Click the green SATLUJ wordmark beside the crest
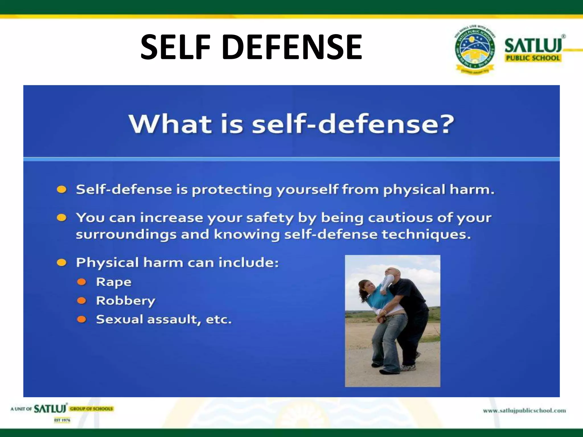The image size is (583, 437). (533, 46)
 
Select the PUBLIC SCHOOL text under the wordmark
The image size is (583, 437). (533, 58)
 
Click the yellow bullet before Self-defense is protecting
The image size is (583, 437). (61, 189)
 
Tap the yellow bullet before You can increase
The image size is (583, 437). (61, 218)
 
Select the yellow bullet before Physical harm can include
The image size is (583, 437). (61, 262)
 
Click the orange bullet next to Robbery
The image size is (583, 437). (82, 300)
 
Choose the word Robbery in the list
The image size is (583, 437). (126, 301)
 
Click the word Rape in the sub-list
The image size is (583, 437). (114, 282)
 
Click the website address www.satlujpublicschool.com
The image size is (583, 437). (524, 411)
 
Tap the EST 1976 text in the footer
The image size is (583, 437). (62, 420)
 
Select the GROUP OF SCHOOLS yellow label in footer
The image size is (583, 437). (92, 409)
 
